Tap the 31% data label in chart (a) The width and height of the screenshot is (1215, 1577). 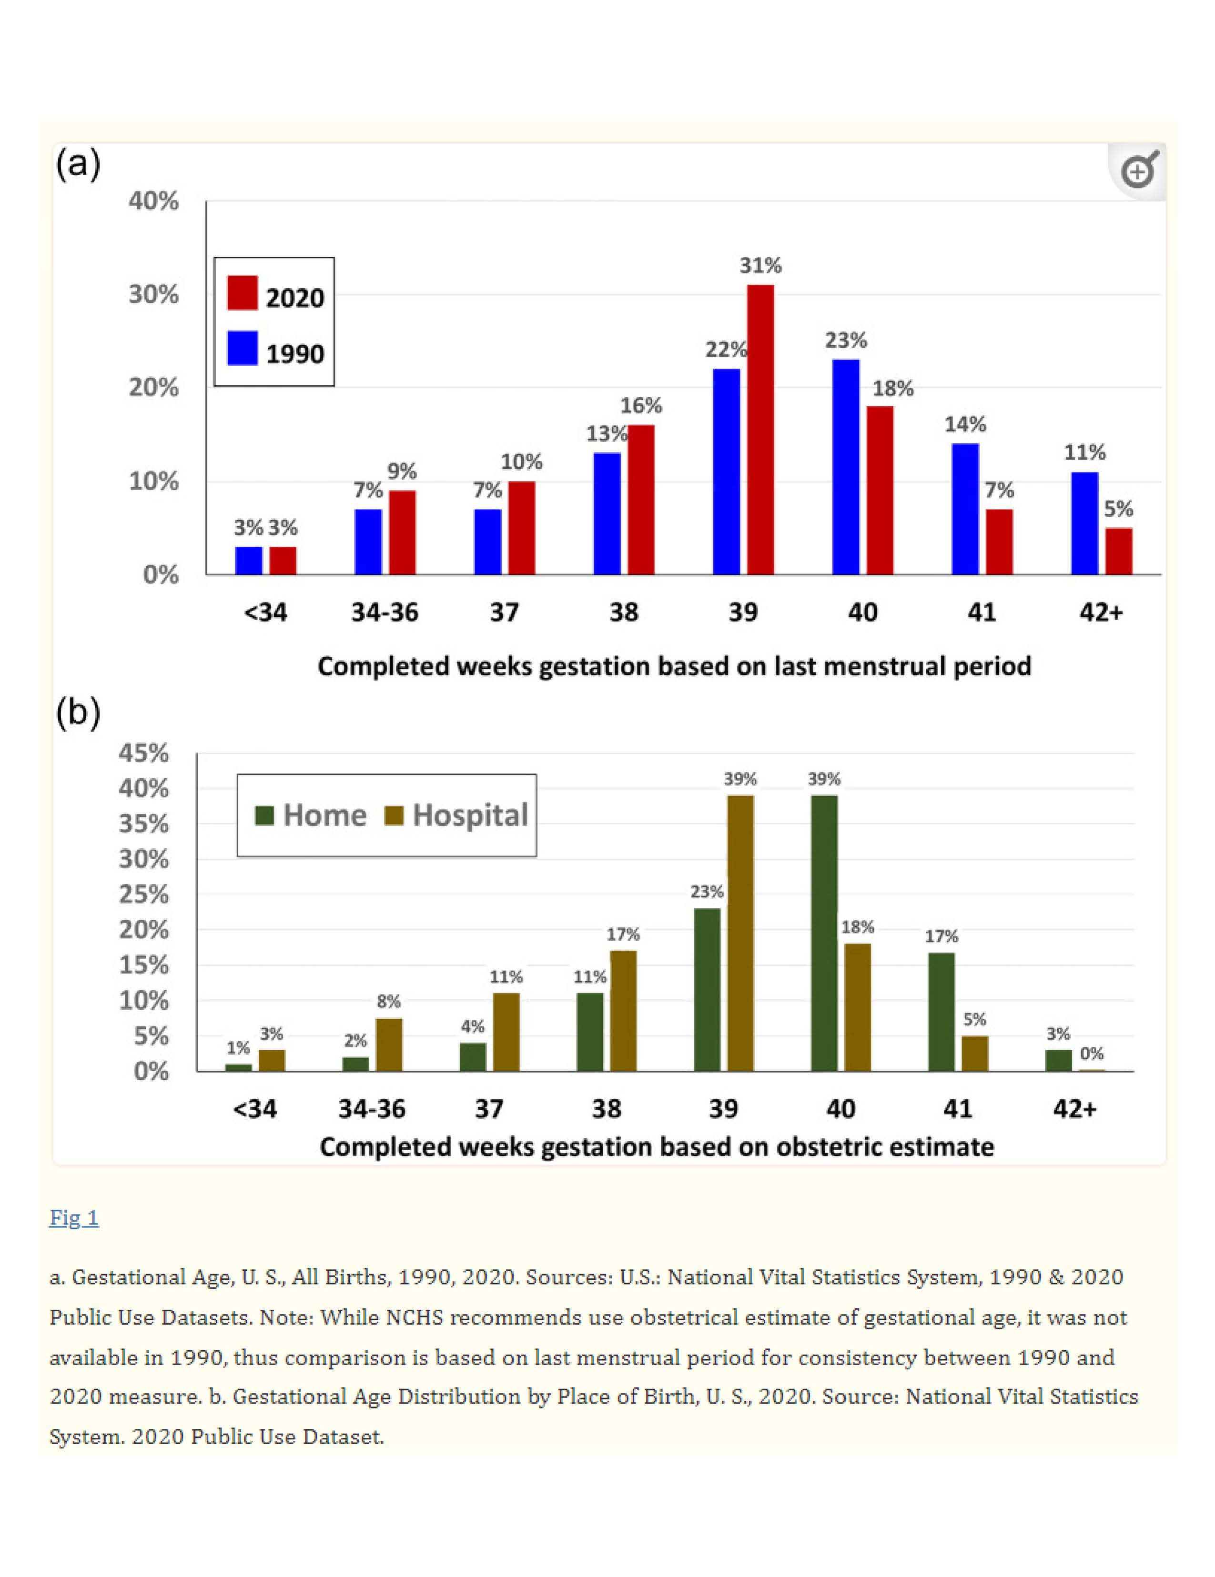(x=760, y=266)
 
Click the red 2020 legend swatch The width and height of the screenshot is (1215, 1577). (x=242, y=293)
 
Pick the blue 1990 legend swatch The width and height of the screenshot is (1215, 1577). (x=242, y=349)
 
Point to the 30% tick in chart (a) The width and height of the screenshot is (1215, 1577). (x=153, y=295)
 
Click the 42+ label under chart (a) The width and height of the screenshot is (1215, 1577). (x=1101, y=613)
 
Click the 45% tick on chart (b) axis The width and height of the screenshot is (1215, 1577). (x=144, y=753)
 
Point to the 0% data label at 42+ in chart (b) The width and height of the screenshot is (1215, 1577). (x=1092, y=1054)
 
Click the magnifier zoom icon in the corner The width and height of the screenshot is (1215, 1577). (x=1138, y=171)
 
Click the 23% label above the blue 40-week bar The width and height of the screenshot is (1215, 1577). (x=846, y=340)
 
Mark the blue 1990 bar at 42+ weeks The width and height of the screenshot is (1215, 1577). (x=1084, y=523)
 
